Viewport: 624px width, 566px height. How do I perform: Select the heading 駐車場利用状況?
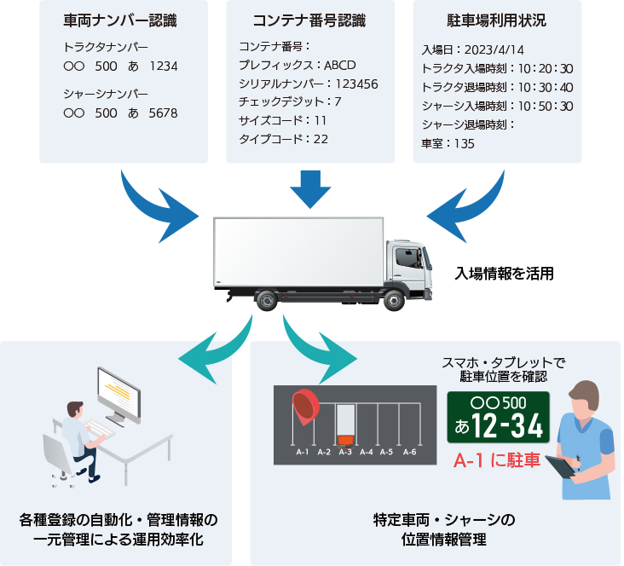click(496, 21)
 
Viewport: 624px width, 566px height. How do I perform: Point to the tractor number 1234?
click(164, 66)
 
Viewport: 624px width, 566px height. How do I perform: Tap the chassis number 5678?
click(164, 113)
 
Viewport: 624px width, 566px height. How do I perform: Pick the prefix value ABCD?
click(340, 65)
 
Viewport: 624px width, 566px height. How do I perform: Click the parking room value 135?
click(465, 143)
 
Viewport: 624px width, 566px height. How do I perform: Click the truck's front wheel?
click(394, 299)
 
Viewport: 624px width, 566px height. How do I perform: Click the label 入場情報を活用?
click(505, 274)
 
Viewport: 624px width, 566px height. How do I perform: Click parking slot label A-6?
click(410, 452)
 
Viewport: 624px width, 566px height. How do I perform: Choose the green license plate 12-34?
click(498, 418)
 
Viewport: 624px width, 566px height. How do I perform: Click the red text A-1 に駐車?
click(497, 461)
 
